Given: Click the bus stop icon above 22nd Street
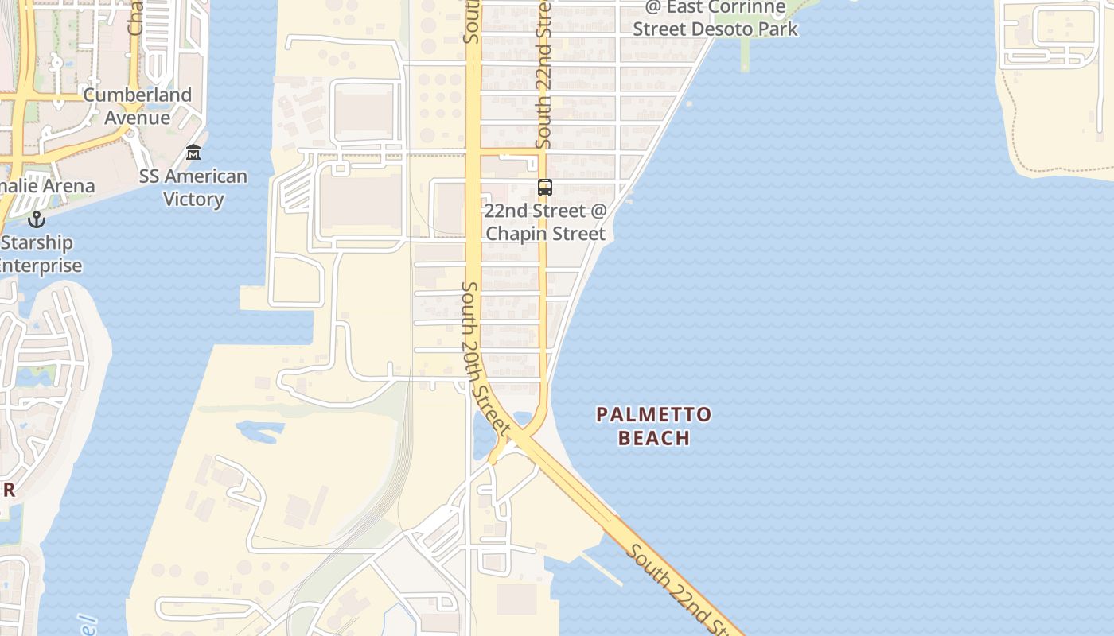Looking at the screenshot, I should tap(545, 188).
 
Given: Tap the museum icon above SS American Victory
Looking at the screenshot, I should tap(193, 152).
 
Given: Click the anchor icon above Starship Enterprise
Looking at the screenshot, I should tap(36, 219).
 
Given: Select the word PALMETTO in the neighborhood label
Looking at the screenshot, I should tap(654, 414).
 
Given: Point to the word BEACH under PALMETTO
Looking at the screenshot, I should tap(654, 437).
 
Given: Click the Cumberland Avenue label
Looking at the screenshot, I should tap(138, 106).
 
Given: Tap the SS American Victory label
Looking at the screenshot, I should tap(193, 188).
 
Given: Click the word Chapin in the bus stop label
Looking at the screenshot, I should tap(518, 234).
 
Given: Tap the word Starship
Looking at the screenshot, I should tap(37, 242).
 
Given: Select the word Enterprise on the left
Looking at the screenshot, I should tap(40, 266).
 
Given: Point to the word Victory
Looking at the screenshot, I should tap(193, 199).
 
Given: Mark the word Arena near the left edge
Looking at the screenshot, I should tap(72, 186).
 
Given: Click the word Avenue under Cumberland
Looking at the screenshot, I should tap(138, 118).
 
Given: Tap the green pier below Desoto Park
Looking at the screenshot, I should tap(746, 54).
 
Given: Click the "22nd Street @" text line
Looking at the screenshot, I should tap(545, 211).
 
